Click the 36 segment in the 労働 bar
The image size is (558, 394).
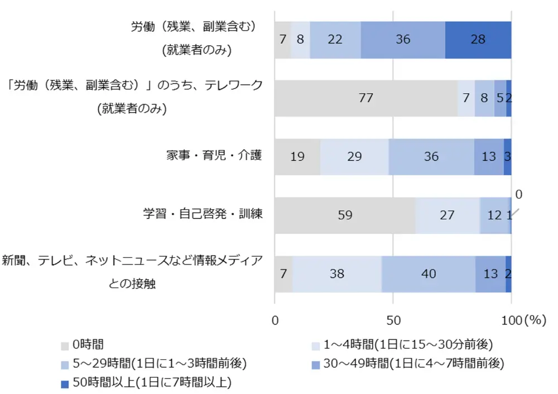click(x=403, y=40)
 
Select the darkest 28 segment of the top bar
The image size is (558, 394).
click(x=478, y=40)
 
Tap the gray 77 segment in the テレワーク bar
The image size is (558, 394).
click(x=365, y=98)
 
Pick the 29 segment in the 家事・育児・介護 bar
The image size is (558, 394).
click(x=354, y=157)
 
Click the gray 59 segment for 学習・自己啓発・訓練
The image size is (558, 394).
click(x=345, y=215)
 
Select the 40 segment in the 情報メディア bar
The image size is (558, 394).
click(x=429, y=274)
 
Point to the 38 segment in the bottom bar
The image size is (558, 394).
click(x=337, y=274)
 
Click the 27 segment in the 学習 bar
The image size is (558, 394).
click(x=447, y=215)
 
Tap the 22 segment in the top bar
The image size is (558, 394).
click(x=335, y=40)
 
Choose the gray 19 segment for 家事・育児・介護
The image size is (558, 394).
click(x=297, y=157)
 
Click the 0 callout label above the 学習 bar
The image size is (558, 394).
click(x=518, y=195)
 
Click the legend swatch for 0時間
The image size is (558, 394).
click(x=64, y=345)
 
